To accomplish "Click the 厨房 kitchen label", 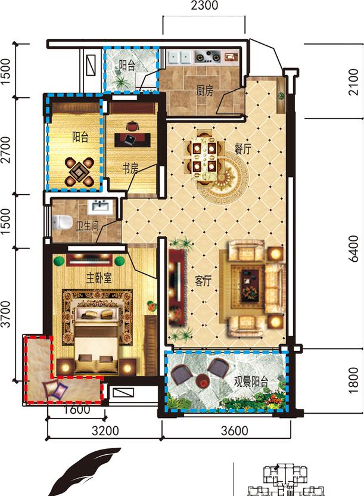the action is point(205,91).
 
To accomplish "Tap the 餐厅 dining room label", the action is point(242,148).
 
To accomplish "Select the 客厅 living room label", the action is point(203,280).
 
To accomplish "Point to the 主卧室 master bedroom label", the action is point(99,278).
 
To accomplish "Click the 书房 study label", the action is point(130,169).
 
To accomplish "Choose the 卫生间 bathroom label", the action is point(88,225).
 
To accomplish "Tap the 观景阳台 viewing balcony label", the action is point(251,382).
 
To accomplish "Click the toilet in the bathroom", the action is point(62,221).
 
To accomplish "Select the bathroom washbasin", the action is point(101,207).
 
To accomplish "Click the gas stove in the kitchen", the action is point(207,57).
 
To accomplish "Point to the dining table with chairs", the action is point(204,157).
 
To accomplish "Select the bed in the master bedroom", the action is point(97,335).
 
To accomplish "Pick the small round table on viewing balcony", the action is point(202,380).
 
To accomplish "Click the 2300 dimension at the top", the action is point(204,5).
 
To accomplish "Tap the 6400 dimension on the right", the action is point(354,249).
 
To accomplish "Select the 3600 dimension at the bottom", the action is point(235,431).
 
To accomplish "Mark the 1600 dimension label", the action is point(77,410).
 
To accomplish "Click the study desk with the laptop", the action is point(132,140).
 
